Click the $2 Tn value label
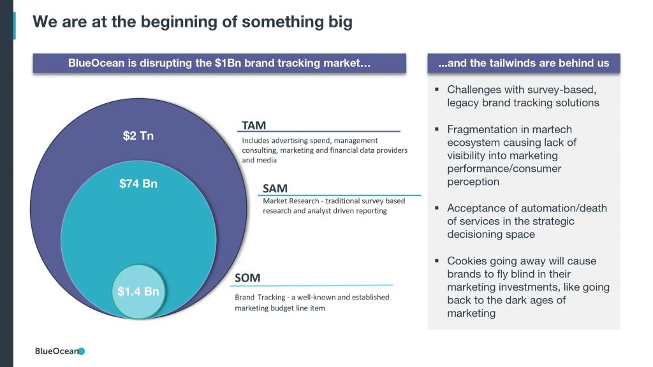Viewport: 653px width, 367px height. (x=138, y=136)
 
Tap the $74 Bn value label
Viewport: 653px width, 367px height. (x=138, y=183)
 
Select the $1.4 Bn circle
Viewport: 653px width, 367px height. (x=138, y=291)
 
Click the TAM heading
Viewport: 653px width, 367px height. (x=254, y=126)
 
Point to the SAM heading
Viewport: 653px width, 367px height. (x=275, y=189)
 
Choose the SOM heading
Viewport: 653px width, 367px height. (x=247, y=278)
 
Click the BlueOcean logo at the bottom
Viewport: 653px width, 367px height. (x=60, y=351)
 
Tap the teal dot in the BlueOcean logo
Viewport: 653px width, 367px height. (x=82, y=351)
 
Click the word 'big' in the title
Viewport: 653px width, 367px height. (x=341, y=22)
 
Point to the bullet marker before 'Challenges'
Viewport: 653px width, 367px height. (x=437, y=89)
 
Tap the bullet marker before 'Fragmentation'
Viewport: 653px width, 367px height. (x=437, y=129)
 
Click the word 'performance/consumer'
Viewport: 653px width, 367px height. (x=504, y=168)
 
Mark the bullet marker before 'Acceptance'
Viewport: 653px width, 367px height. (x=437, y=208)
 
